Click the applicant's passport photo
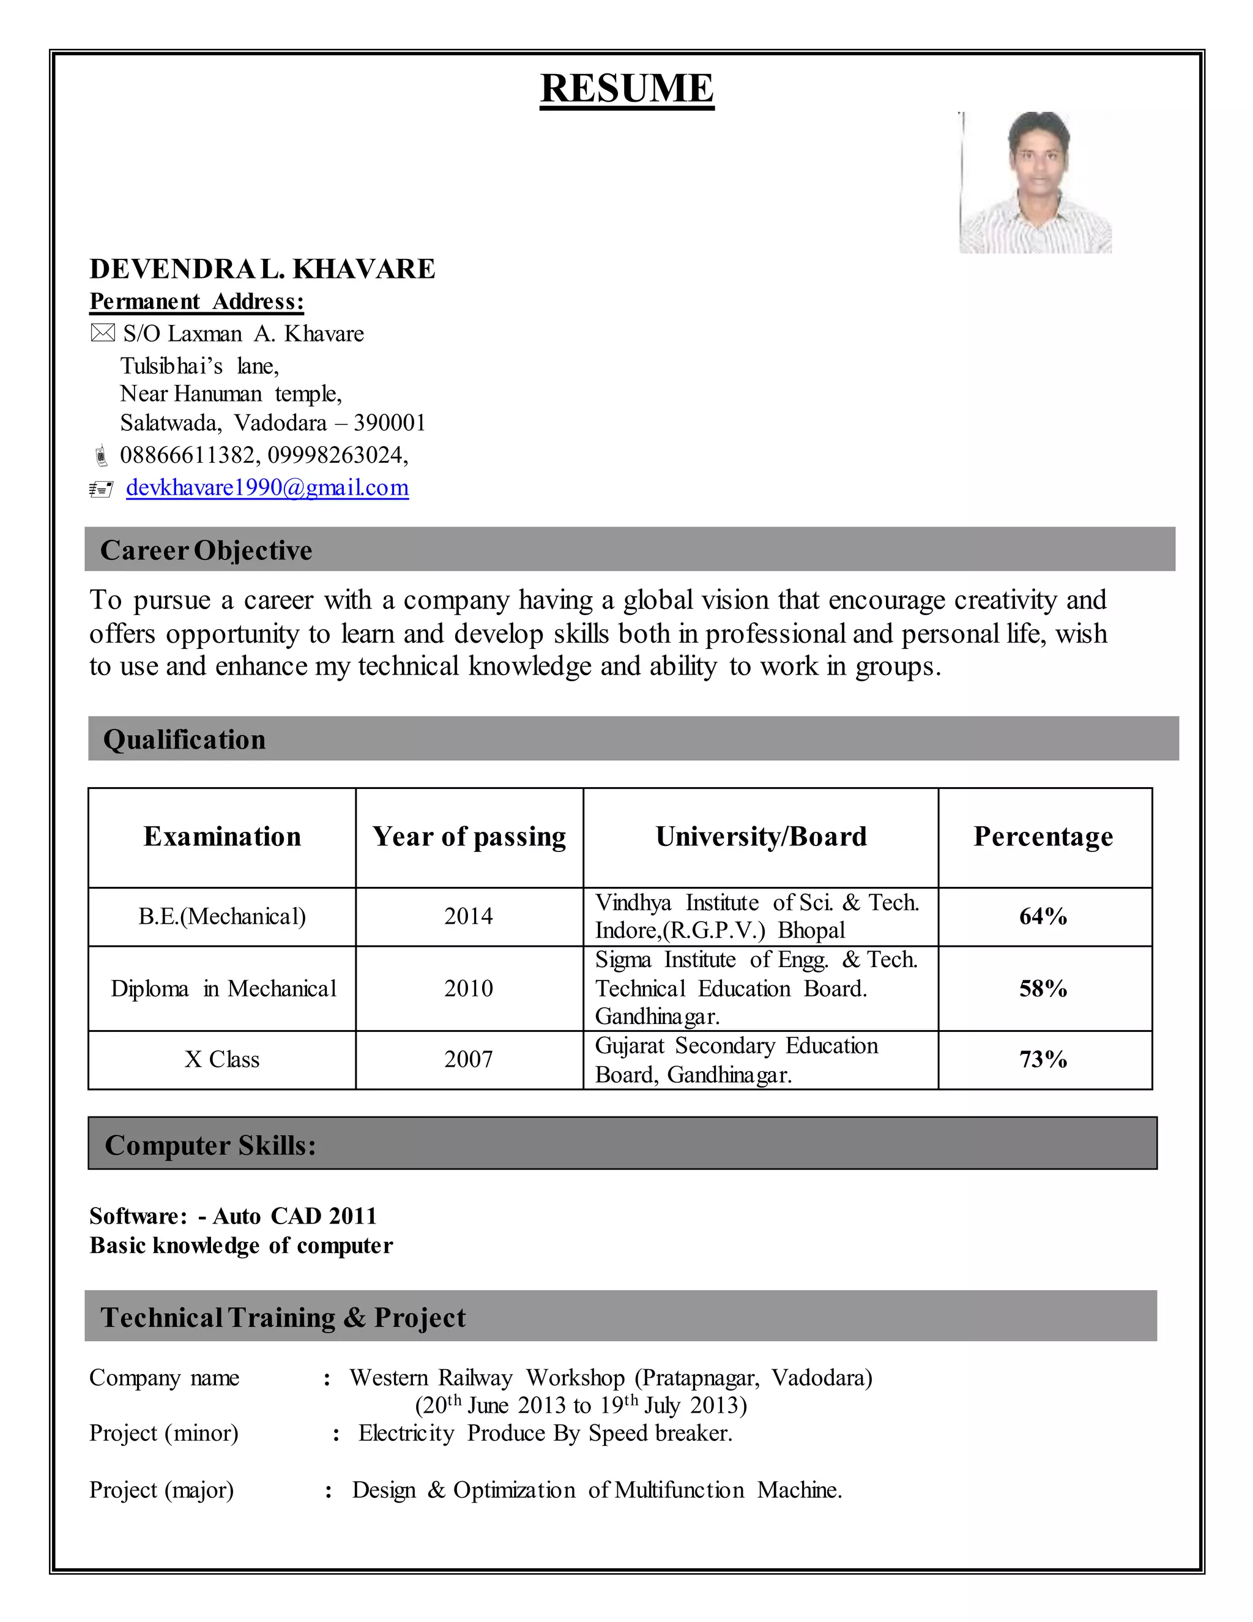[1036, 182]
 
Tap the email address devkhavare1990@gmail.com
[267, 488]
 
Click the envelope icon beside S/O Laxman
[102, 334]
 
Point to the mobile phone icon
[101, 455]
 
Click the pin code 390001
[389, 422]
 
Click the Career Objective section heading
[206, 550]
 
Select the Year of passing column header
[469, 836]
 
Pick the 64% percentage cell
[1043, 916]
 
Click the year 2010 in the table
[469, 989]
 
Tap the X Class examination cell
[222, 1059]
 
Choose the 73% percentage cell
[1043, 1059]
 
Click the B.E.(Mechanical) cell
[222, 916]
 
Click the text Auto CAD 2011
[295, 1216]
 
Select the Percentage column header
[1043, 836]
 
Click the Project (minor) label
[163, 1433]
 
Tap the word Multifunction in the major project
[679, 1490]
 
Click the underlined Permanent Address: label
[197, 302]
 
